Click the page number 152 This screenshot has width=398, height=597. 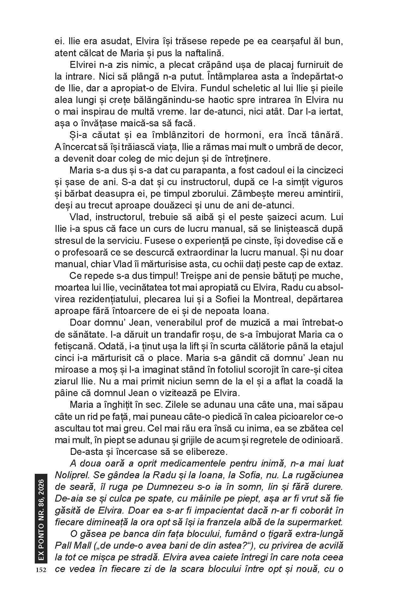point(41,570)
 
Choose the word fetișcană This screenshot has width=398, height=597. point(74,346)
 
